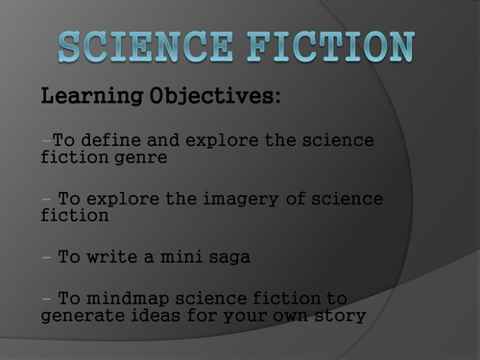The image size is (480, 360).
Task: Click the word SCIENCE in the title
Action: (x=146, y=46)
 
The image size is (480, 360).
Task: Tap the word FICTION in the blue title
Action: (x=331, y=46)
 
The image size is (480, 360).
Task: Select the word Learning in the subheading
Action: (x=92, y=96)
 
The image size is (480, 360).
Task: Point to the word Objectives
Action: (x=212, y=96)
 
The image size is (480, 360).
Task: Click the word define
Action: (x=110, y=140)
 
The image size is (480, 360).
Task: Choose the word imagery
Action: (x=241, y=200)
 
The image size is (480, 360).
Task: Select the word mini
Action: (x=181, y=256)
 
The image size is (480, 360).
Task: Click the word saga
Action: (x=229, y=258)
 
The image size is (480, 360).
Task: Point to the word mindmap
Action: (x=128, y=299)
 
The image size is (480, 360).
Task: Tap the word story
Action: (x=340, y=316)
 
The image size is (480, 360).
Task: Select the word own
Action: (x=290, y=316)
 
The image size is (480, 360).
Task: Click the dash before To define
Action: (x=46, y=140)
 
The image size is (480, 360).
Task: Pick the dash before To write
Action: (x=46, y=257)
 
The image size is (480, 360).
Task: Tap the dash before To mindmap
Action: (x=46, y=299)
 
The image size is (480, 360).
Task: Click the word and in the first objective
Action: (x=163, y=140)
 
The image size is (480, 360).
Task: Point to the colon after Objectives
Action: (x=277, y=97)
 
